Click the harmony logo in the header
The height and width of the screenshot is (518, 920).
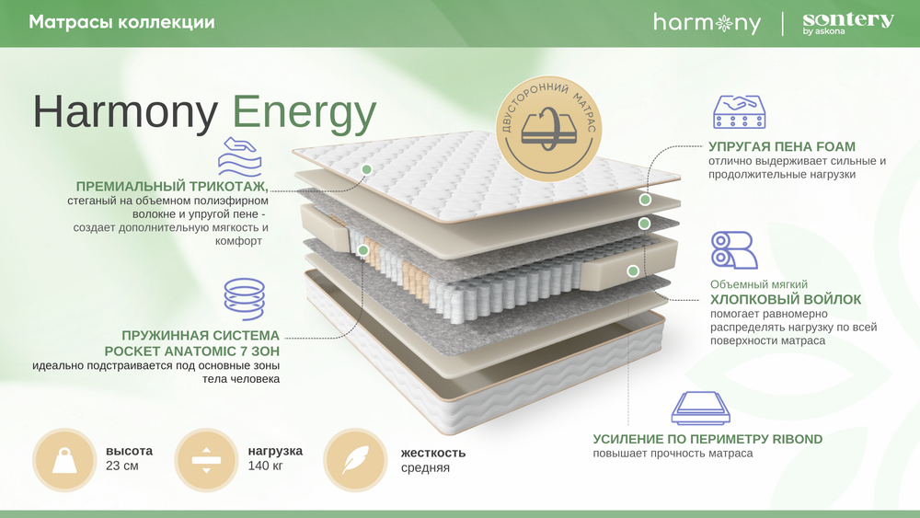click(x=707, y=23)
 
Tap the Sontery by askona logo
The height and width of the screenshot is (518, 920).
click(x=847, y=24)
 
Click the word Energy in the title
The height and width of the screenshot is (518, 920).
click(x=305, y=112)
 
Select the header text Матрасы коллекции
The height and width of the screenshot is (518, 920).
click(x=122, y=22)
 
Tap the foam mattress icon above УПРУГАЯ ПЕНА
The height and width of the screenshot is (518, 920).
click(x=740, y=111)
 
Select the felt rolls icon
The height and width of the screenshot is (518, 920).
click(x=733, y=250)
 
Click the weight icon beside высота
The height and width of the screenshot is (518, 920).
click(x=64, y=460)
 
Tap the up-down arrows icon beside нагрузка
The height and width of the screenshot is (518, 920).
click(x=206, y=460)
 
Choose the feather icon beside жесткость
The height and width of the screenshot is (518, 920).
click(x=354, y=460)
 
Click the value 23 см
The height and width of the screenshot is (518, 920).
click(x=122, y=467)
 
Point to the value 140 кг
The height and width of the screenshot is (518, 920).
click(x=265, y=467)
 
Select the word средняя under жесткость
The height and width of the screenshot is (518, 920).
click(x=425, y=468)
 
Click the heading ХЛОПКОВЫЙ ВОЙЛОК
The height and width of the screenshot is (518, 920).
click(x=786, y=299)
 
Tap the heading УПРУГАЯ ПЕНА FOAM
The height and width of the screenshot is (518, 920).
click(x=782, y=146)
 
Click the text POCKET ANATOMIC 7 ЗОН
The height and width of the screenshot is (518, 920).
click(x=192, y=351)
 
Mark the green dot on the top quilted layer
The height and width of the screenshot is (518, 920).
click(x=366, y=169)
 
